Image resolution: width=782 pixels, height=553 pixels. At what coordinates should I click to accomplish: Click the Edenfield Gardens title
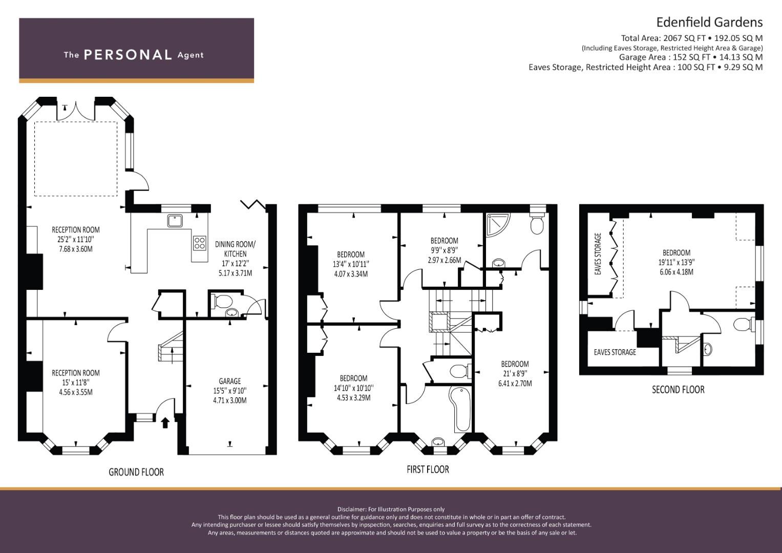tap(709, 23)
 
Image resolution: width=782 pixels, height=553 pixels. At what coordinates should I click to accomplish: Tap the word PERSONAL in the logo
tap(128, 55)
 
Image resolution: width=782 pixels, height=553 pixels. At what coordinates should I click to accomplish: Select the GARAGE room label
tap(230, 381)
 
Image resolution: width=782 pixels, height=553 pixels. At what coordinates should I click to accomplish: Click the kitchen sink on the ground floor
tap(175, 221)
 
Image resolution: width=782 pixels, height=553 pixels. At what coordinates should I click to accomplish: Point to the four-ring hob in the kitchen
tap(200, 243)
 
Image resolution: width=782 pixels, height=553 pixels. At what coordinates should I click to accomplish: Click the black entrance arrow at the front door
tap(165, 423)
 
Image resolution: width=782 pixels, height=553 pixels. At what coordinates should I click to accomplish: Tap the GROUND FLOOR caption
tap(136, 472)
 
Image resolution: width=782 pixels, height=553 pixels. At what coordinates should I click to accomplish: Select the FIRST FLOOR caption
tap(428, 469)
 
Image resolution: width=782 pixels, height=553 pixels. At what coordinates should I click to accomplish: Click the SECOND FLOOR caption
tap(678, 390)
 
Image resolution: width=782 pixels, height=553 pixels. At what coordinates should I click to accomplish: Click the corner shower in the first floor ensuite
tap(498, 225)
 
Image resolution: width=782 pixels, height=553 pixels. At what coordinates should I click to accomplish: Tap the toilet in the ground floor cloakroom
tap(222, 301)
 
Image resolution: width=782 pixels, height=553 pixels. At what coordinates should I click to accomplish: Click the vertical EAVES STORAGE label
tap(598, 254)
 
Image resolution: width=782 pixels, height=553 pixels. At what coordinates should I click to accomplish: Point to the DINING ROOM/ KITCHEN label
tap(235, 249)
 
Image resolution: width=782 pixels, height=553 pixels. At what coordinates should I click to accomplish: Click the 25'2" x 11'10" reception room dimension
tap(76, 240)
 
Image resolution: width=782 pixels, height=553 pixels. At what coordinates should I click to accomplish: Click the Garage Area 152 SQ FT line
tap(691, 57)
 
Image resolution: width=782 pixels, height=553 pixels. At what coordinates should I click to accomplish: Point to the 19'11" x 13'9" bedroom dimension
tap(676, 262)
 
